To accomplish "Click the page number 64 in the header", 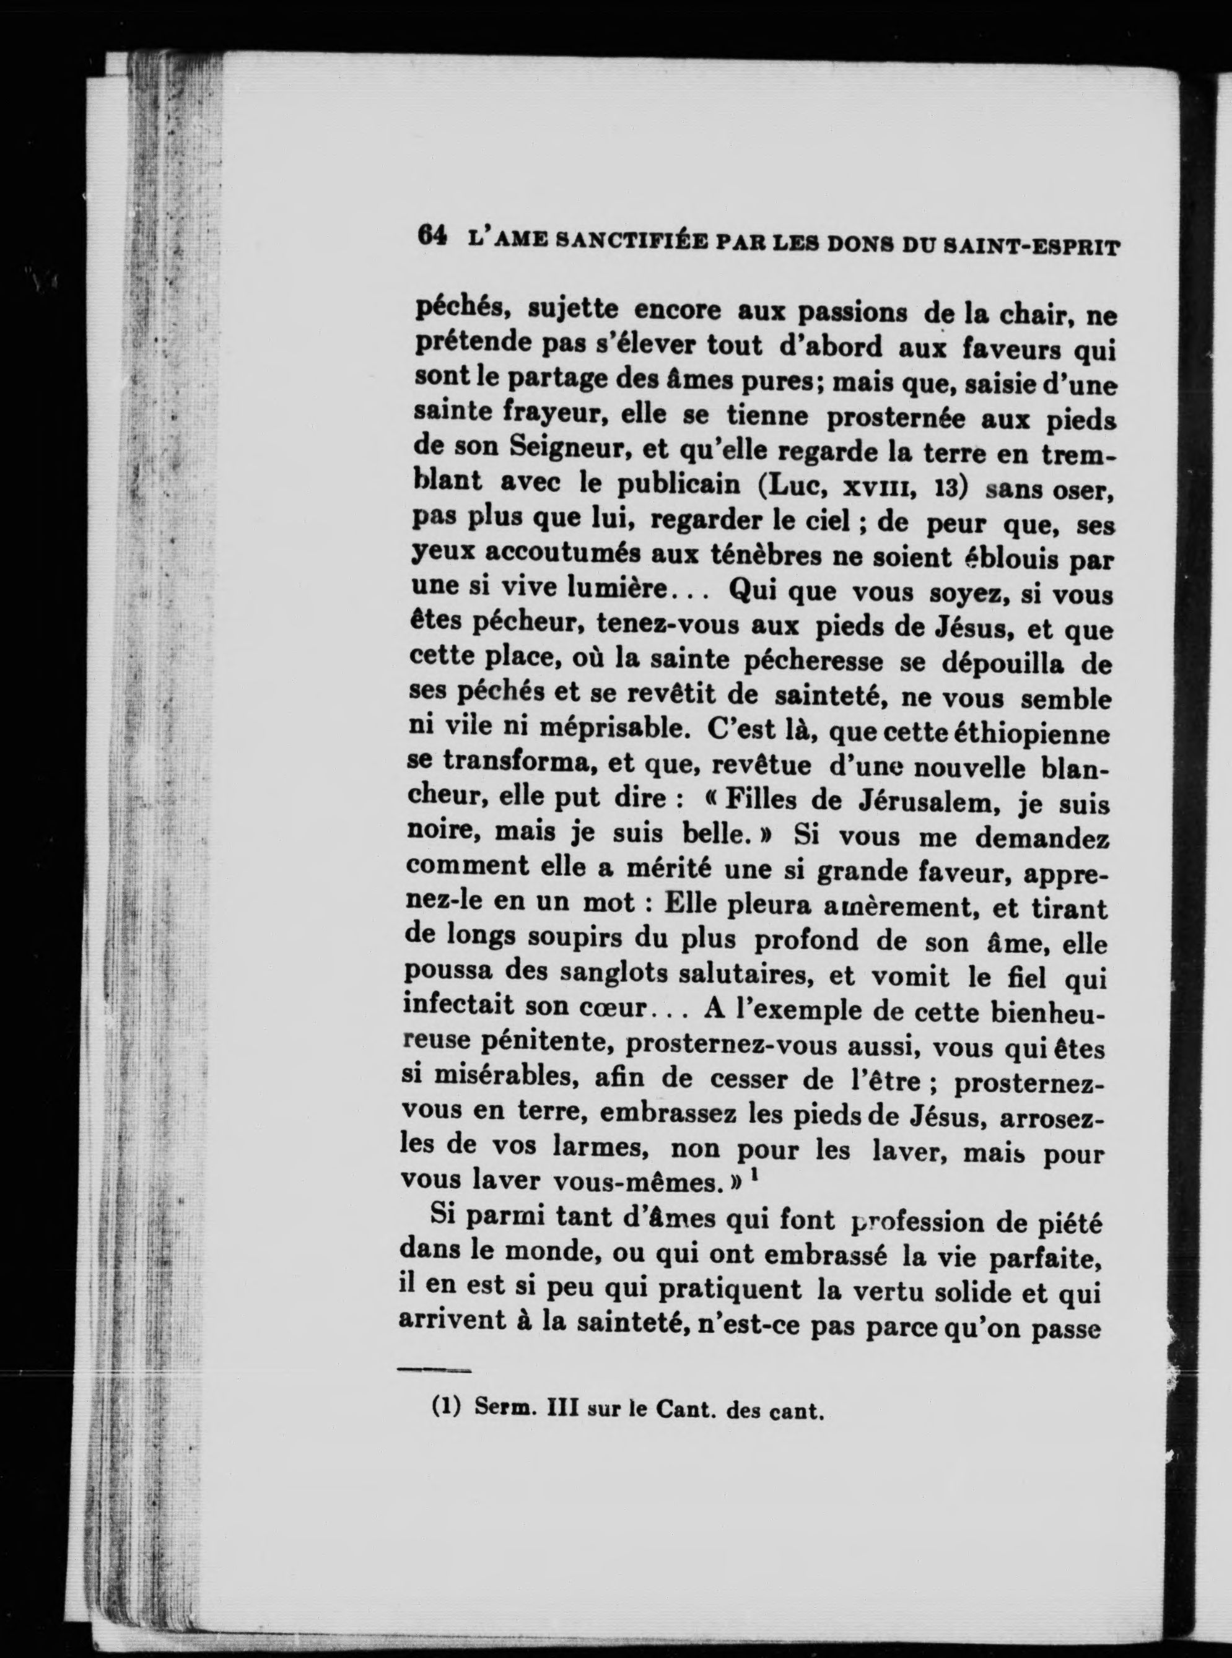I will click(432, 237).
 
